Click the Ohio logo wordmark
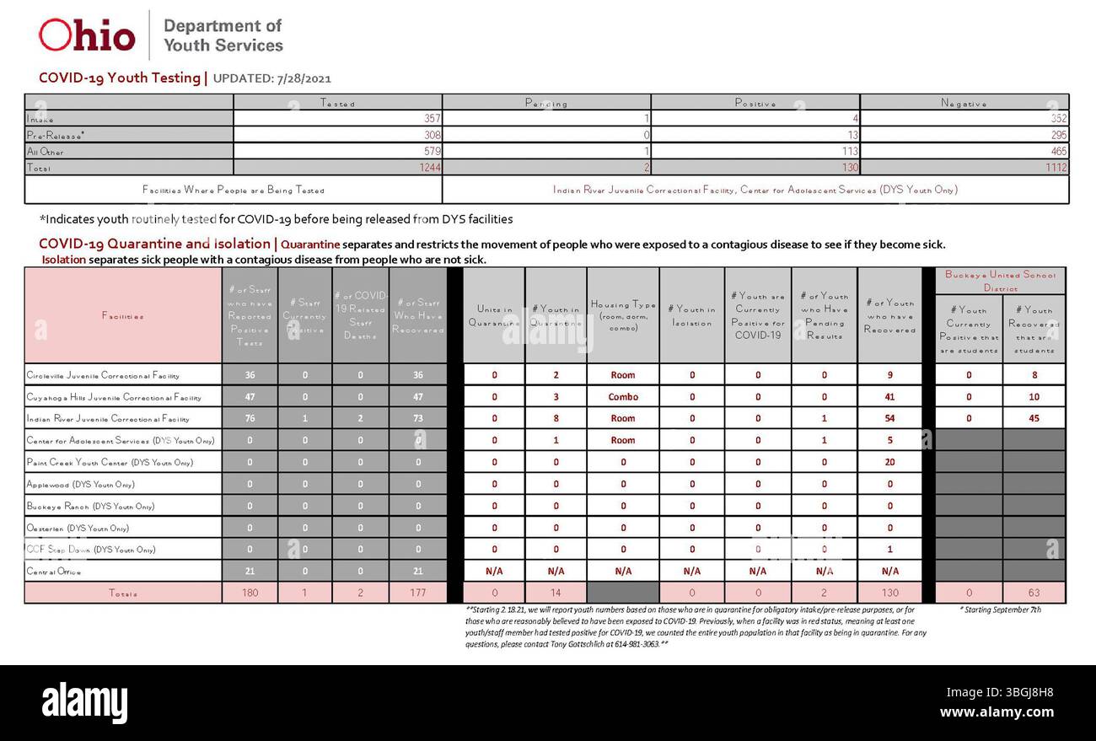(x=87, y=35)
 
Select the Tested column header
(x=337, y=103)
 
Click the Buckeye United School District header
(x=1000, y=281)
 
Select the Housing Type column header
(x=623, y=315)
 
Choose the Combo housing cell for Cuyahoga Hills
(x=623, y=397)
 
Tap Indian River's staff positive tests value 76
(x=250, y=419)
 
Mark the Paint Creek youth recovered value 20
(x=889, y=463)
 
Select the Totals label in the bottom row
(x=123, y=593)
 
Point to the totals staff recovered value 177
(x=417, y=593)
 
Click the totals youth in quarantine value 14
(x=556, y=593)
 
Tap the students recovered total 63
(x=1034, y=593)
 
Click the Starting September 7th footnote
(x=999, y=609)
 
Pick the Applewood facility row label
(x=80, y=485)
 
